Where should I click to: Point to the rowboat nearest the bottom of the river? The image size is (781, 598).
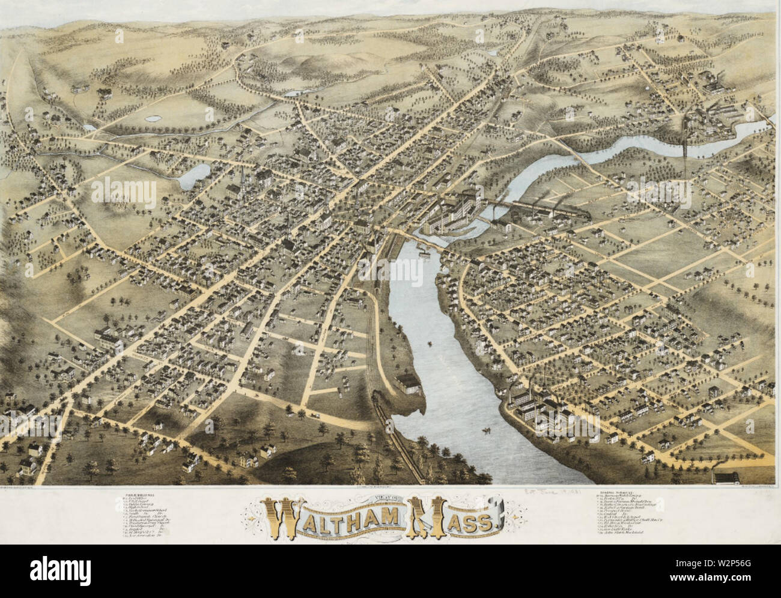point(484,430)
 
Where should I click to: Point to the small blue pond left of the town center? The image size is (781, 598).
point(193,175)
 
